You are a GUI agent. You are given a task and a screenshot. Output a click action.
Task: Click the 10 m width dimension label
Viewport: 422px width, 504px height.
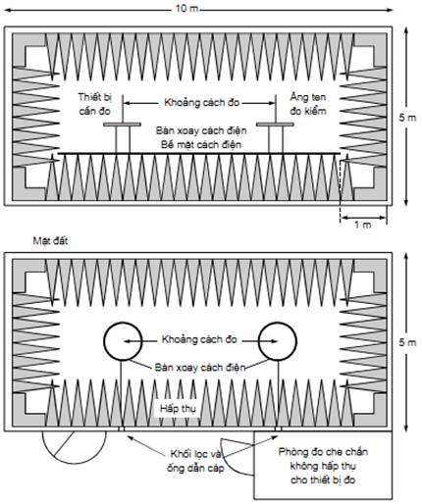(186, 9)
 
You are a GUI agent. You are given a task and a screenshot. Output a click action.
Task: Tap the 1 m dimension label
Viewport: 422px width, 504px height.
(363, 225)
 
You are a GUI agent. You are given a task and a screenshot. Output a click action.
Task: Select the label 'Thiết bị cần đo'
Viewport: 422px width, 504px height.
(95, 104)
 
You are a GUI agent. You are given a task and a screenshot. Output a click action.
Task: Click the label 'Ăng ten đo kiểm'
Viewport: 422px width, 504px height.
(308, 104)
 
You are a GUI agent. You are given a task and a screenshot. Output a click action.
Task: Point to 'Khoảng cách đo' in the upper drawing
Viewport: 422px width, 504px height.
(202, 103)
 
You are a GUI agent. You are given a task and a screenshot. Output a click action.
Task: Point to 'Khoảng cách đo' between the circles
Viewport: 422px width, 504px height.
(199, 339)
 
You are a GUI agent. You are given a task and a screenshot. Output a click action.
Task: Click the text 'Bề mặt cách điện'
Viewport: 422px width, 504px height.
(201, 145)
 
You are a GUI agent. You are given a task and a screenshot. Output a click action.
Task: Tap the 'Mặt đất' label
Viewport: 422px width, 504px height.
(50, 241)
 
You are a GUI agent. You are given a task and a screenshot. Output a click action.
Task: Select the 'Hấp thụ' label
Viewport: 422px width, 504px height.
(179, 409)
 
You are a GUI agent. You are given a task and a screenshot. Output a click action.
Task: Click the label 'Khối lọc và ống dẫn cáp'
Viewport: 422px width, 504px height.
(195, 461)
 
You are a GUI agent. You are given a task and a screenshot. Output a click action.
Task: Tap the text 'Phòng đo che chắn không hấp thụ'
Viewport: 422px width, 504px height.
(323, 459)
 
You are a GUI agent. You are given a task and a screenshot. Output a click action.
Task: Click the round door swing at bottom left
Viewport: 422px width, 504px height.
(75, 464)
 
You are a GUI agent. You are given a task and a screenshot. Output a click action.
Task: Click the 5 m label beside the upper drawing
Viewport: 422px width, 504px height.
(407, 118)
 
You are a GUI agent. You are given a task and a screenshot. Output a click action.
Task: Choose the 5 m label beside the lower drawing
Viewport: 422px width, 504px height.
(407, 342)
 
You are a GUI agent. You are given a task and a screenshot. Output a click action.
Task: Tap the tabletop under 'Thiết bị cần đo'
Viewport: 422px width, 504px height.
(123, 125)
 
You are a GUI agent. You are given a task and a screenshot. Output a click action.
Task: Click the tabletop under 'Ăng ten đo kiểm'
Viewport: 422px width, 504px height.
(275, 125)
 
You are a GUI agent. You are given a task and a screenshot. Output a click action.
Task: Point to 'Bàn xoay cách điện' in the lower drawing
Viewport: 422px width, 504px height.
(200, 368)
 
